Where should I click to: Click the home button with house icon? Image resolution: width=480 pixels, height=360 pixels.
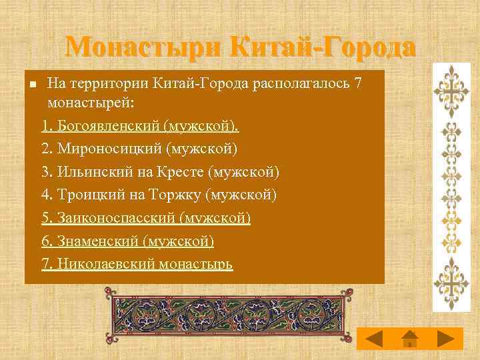[410, 338]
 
